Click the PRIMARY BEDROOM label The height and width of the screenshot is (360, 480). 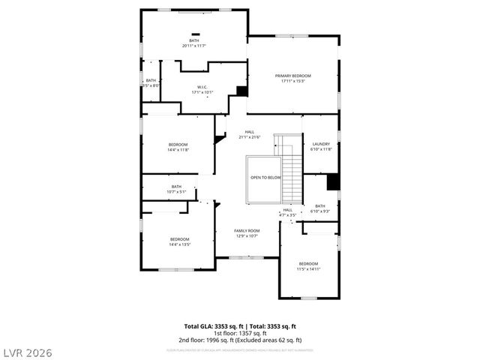pyautogui.click(x=292, y=76)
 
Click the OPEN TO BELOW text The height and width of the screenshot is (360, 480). pyautogui.click(x=265, y=178)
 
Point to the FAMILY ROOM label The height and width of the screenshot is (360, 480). pyautogui.click(x=246, y=230)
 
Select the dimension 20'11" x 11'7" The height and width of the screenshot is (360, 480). pyautogui.click(x=193, y=46)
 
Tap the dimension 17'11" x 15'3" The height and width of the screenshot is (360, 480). pyautogui.click(x=292, y=81)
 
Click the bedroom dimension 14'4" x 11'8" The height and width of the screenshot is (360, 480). pyautogui.click(x=178, y=149)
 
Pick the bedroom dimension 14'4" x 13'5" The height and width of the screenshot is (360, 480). pyautogui.click(x=179, y=244)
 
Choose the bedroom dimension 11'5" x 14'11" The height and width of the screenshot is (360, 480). pyautogui.click(x=308, y=268)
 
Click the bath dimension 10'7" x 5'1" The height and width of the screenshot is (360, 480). pyautogui.click(x=176, y=192)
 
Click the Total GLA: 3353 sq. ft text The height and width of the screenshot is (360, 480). pyautogui.click(x=212, y=326)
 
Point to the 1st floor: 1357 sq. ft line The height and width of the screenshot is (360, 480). pyautogui.click(x=240, y=333)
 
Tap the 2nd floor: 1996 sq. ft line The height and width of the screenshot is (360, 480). pyautogui.click(x=240, y=340)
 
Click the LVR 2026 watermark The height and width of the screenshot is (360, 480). pyautogui.click(x=26, y=352)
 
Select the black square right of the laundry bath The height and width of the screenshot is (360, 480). pyautogui.click(x=334, y=182)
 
